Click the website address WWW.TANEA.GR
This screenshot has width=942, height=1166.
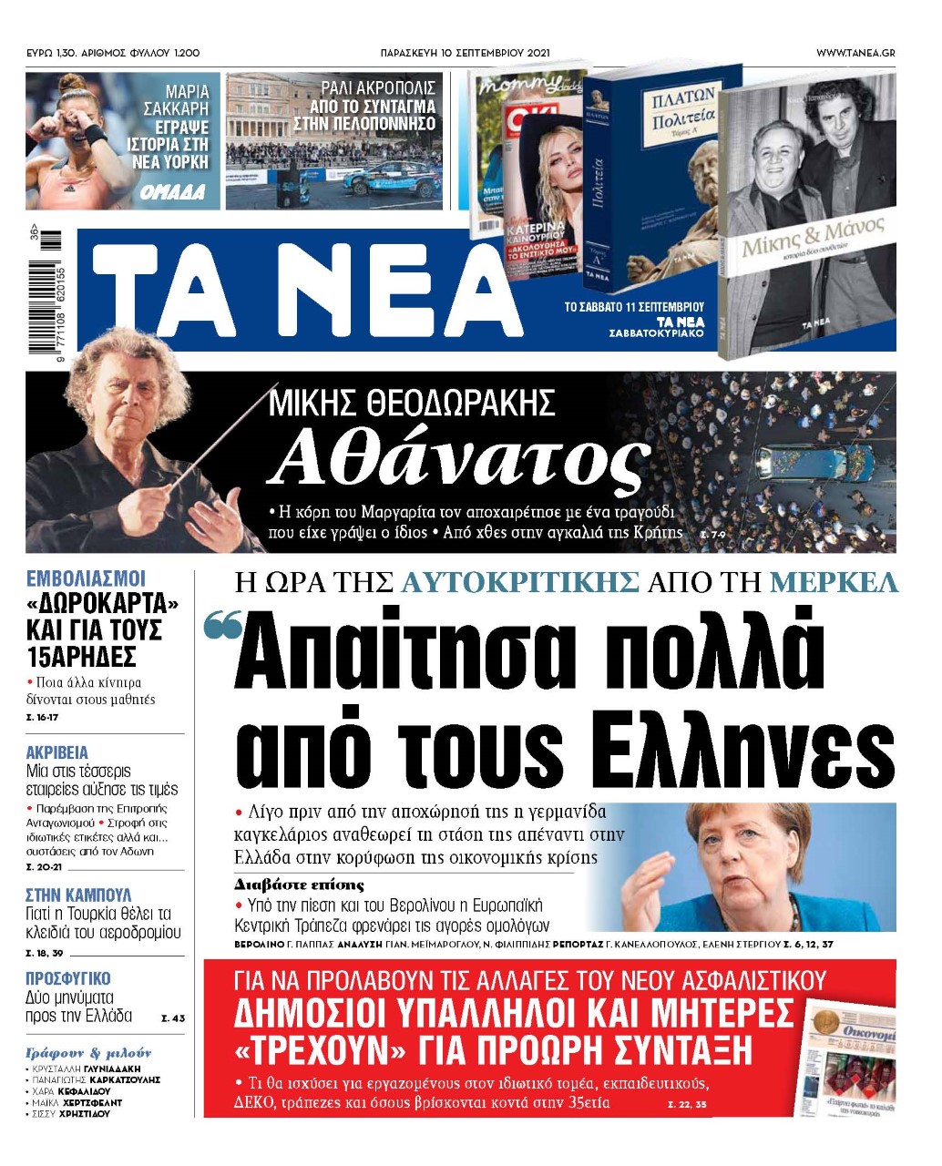855,53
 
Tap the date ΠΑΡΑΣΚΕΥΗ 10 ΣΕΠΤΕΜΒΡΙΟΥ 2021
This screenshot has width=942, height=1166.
465,53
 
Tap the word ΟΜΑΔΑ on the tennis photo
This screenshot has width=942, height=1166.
173,193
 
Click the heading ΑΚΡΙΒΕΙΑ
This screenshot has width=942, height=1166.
57,752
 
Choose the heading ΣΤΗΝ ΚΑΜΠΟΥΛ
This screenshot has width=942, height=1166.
78,895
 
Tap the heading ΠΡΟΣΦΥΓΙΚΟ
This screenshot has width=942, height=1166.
68,978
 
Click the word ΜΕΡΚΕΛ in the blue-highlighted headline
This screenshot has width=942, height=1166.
834,582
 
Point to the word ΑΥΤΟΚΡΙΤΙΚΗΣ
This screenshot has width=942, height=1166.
520,582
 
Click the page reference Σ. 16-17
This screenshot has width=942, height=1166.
42,718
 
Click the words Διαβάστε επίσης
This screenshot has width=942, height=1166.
299,885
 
